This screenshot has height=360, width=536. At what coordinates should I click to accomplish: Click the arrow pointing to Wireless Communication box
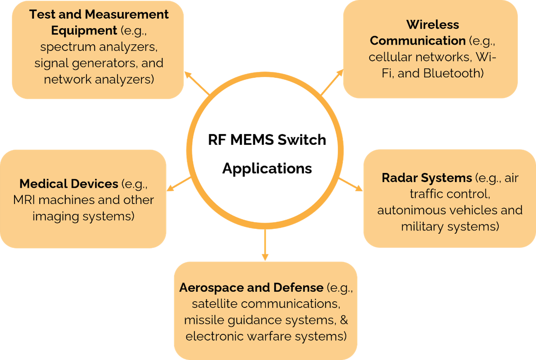coord(332,82)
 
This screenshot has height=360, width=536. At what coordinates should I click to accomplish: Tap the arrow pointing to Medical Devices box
coord(178,185)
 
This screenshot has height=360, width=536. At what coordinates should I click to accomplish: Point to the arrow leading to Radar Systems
coord(351,185)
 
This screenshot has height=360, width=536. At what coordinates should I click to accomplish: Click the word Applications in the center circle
coord(267,168)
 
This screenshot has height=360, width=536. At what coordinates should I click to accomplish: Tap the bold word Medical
coord(44,183)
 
